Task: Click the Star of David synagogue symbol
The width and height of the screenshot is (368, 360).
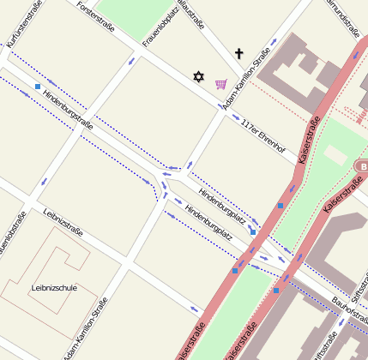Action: pos(199,77)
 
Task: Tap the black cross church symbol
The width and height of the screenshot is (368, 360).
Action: pos(238,54)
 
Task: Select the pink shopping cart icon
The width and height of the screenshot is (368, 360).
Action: pos(221,83)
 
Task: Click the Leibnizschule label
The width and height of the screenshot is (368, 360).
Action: pos(53,288)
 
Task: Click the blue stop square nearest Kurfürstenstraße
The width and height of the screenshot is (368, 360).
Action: pos(38,87)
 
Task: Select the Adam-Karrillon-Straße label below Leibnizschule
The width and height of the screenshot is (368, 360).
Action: pos(85,329)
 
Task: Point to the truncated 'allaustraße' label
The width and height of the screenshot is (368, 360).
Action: pos(193,15)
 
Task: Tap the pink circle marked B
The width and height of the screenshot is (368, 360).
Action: pos(363,165)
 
